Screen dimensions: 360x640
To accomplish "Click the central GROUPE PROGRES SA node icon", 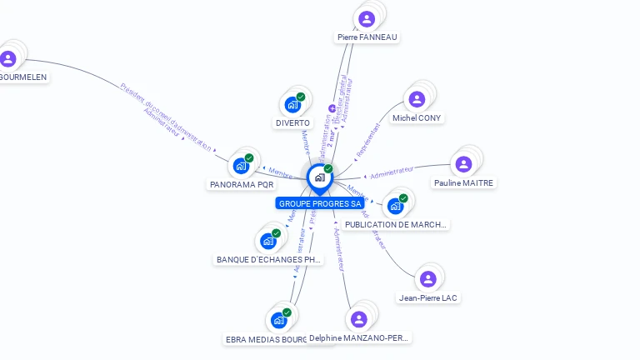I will tap(319, 177).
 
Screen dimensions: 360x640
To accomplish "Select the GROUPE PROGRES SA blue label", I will tap(320, 203).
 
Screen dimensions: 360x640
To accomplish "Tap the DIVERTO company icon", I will tap(292, 104).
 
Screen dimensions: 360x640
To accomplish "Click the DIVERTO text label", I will tap(292, 123).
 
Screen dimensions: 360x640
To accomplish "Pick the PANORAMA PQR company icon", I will tap(241, 165).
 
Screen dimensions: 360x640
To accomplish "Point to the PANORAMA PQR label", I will tap(241, 184).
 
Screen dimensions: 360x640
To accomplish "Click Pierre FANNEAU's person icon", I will tap(367, 18).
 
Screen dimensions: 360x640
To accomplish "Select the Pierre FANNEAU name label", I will tap(367, 37).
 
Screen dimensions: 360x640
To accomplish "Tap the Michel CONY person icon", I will tap(417, 99).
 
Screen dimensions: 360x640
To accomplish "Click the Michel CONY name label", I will tap(417, 118).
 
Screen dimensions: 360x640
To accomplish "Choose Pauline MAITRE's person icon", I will tap(463, 164).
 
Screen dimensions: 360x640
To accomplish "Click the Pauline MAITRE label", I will tap(463, 183).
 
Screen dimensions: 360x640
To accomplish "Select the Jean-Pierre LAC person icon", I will tap(427, 279).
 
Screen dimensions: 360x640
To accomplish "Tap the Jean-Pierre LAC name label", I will tap(428, 298).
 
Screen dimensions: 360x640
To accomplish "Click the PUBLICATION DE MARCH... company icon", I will tap(396, 205).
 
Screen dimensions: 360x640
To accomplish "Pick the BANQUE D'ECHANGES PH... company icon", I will tap(268, 241).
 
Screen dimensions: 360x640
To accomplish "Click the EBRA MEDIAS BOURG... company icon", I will tap(278, 320).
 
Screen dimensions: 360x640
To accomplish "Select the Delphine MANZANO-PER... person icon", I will tap(359, 319).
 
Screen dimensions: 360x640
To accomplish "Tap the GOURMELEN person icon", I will tap(8, 58).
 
